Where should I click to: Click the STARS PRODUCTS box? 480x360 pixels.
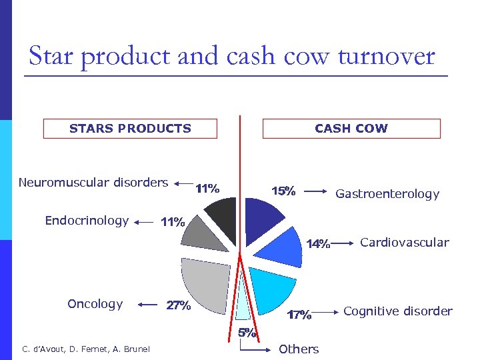tap(130, 129)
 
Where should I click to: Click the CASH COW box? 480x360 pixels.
tap(351, 129)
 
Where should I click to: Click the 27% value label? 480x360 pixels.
tap(178, 307)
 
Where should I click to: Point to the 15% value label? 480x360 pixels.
tap(283, 191)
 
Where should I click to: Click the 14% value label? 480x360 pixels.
tap(318, 244)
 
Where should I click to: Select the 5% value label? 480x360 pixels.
tap(247, 333)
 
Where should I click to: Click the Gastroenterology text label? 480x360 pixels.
tap(387, 194)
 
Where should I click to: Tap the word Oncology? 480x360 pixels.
tap(95, 304)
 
